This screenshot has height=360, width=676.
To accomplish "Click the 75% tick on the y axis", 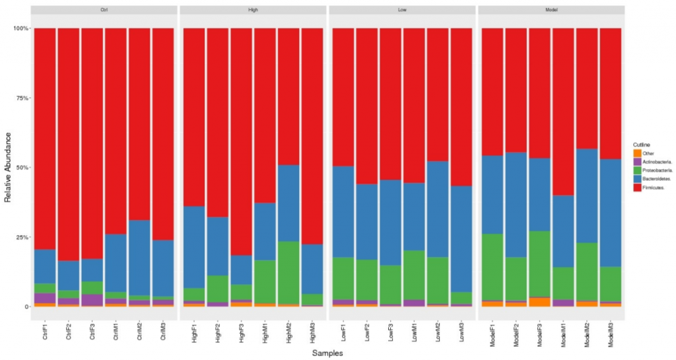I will tap(22, 98).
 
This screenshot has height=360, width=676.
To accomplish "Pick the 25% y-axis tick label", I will tap(22, 237).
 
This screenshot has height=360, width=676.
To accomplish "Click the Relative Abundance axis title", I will tap(9, 167).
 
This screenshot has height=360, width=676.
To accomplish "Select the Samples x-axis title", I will tap(327, 353).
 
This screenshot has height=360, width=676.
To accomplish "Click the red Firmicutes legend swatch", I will tap(637, 188).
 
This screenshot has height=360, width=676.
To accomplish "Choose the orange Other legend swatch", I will tap(637, 153).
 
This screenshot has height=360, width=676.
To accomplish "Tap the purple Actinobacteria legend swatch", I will tap(637, 162).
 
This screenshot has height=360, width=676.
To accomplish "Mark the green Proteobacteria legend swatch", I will tap(637, 170).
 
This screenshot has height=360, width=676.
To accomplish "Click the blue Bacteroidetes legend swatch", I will tap(637, 179).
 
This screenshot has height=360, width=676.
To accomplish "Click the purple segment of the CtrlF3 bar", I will tap(92, 299).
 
